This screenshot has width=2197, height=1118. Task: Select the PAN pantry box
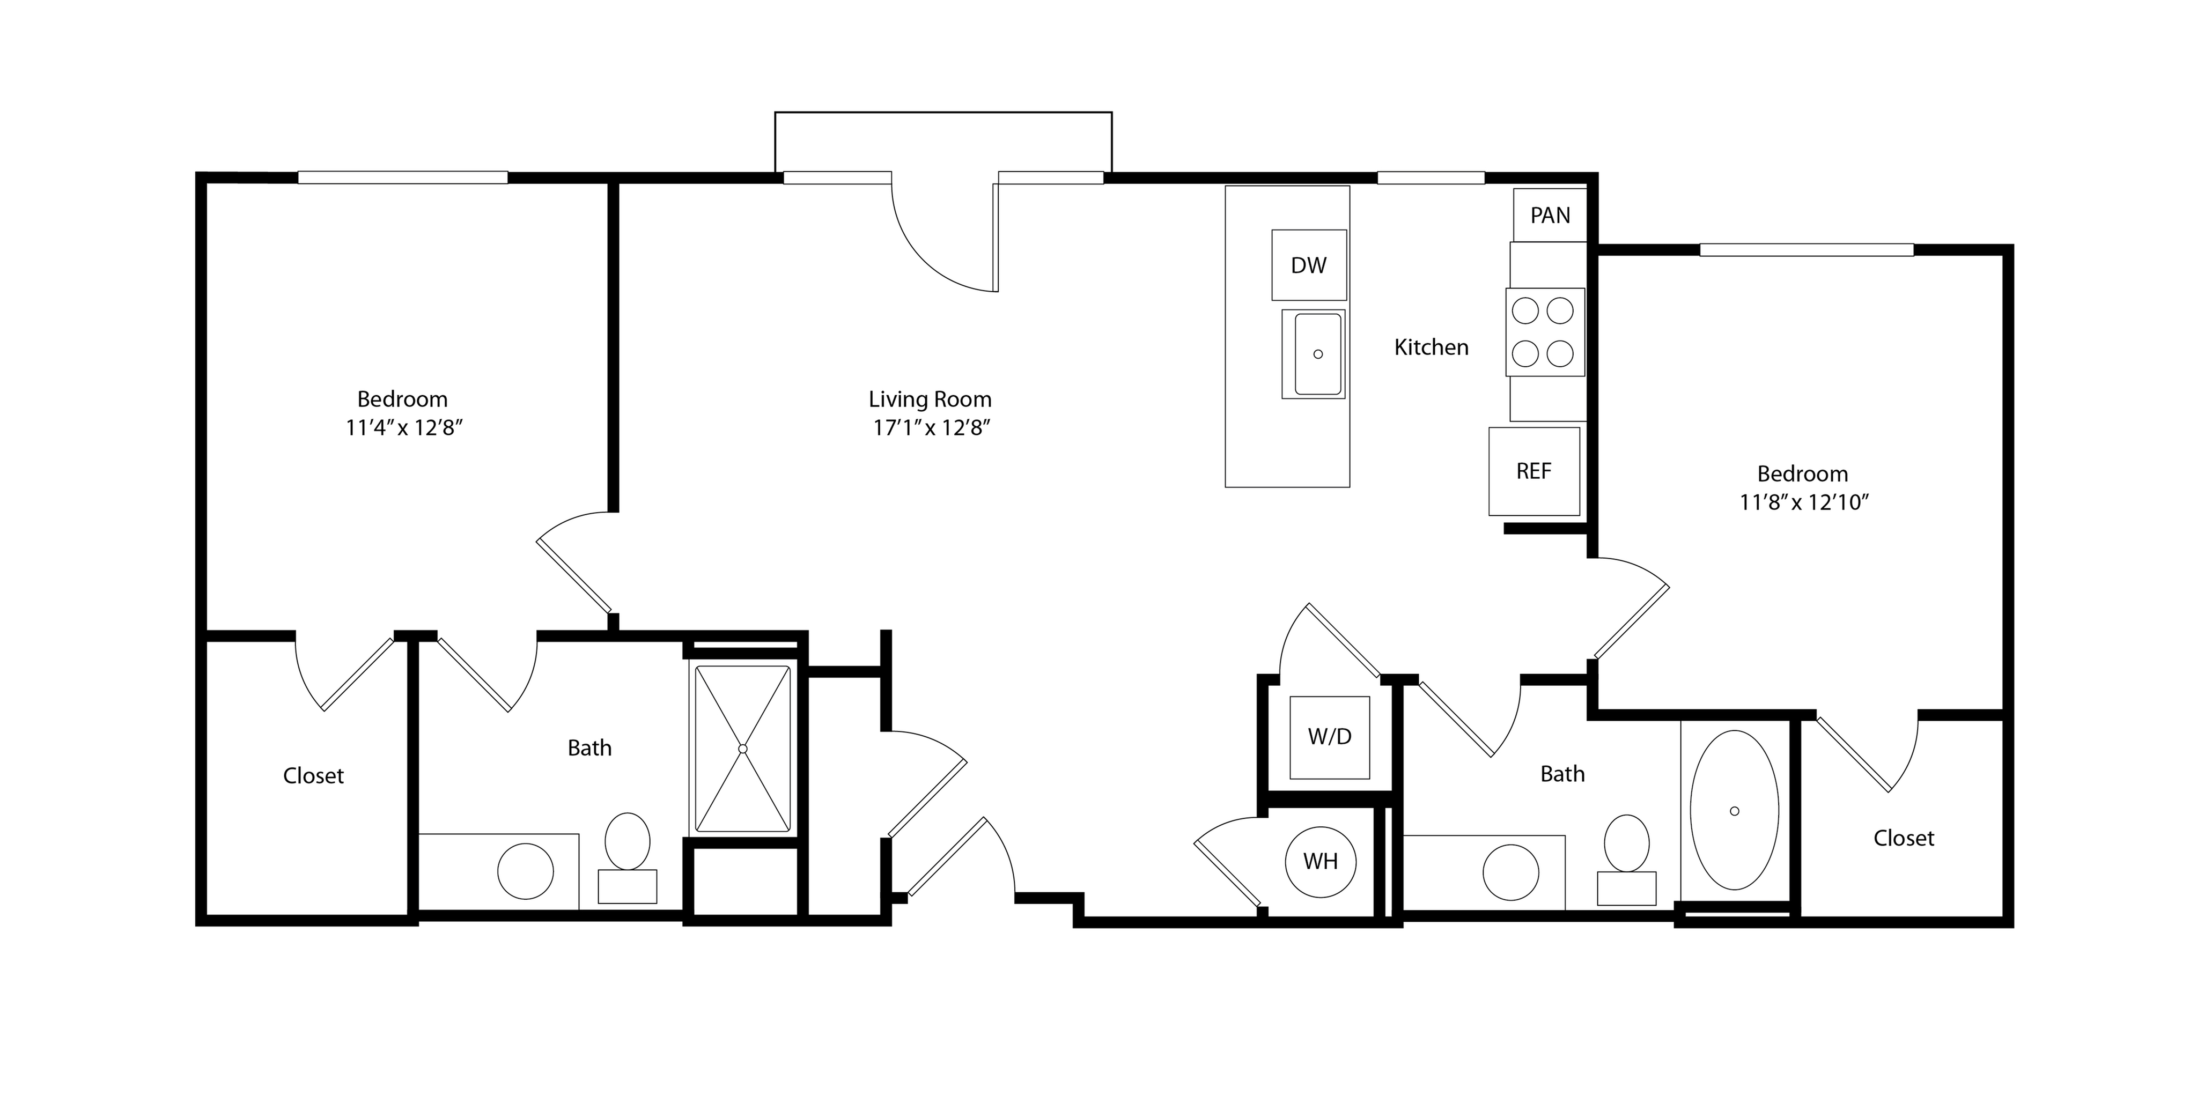1550,215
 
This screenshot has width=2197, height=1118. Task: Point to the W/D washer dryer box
1330,737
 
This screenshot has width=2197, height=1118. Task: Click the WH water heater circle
1320,861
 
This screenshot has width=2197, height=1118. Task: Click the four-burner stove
1545,332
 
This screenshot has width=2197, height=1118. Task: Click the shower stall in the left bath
743,748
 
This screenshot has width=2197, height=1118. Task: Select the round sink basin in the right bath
1512,872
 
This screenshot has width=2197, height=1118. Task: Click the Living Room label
930,399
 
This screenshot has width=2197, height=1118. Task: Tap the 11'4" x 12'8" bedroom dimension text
403,427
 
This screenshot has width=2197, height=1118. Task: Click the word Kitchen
1431,347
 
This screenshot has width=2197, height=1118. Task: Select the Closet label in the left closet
313,775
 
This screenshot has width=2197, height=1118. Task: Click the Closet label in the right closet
1904,838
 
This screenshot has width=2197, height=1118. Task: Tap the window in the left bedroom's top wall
403,177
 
